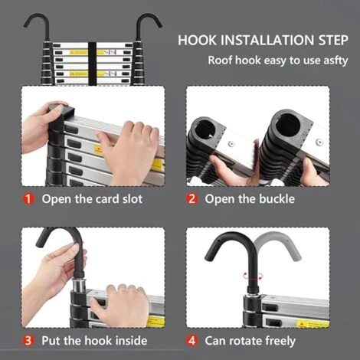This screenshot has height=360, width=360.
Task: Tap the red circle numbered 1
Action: click(x=28, y=199)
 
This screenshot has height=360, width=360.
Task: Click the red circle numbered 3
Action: click(x=28, y=340)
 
